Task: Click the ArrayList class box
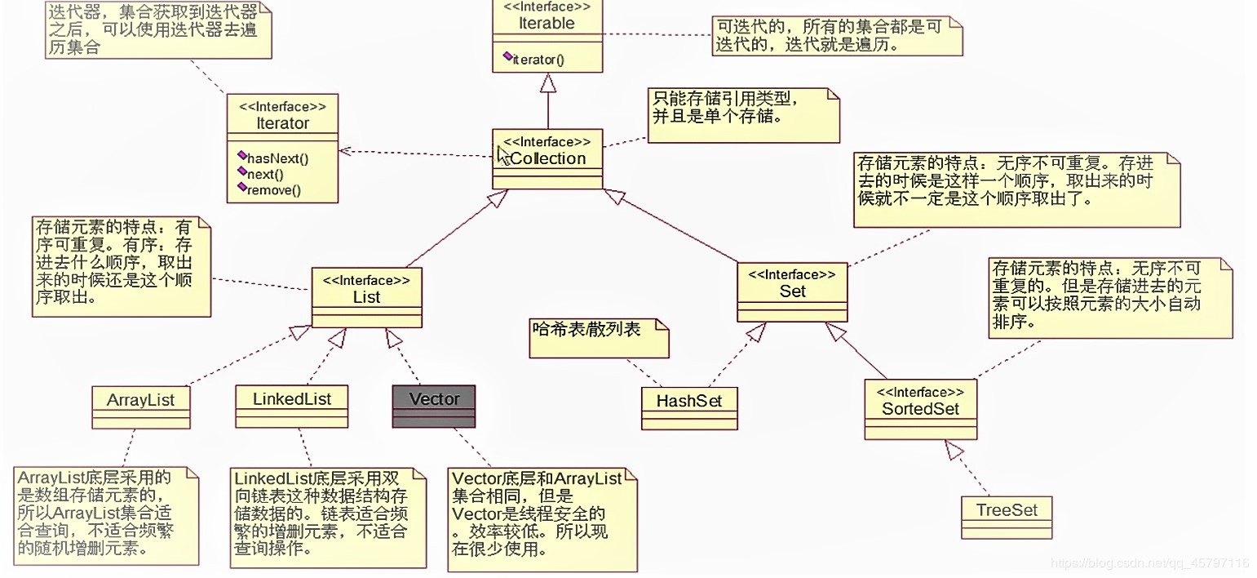(140, 406)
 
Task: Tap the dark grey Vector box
(433, 406)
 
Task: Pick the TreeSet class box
(1007, 516)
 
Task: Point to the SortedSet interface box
(920, 408)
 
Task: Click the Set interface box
(792, 291)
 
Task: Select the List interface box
(366, 296)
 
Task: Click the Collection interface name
(547, 158)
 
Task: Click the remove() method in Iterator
(273, 190)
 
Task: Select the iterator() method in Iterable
(538, 59)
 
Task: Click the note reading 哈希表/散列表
(598, 338)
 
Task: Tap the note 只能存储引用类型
(743, 114)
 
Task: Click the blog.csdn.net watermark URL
(1149, 563)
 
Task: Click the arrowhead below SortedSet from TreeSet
(955, 449)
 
